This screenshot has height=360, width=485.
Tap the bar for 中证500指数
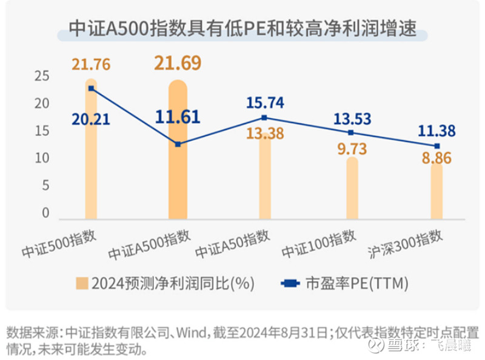coord(91,152)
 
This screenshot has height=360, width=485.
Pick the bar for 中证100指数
coord(352,188)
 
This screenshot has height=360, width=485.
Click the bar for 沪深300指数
coord(436,191)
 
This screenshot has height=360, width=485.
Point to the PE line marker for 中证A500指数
coord(178,144)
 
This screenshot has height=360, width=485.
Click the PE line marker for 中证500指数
coord(91,88)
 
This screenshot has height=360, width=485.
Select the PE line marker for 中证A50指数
coord(264,118)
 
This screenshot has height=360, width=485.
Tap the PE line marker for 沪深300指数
coord(436,146)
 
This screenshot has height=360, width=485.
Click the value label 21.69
coord(176,62)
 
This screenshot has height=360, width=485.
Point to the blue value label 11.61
coord(176,117)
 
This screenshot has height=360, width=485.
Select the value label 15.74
coord(264,102)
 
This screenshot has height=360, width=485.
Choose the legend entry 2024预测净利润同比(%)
coord(164,283)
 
